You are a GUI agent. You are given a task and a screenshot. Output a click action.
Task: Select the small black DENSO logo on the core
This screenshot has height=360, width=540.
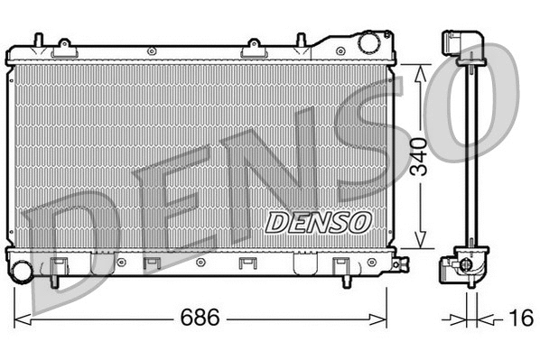(316, 221)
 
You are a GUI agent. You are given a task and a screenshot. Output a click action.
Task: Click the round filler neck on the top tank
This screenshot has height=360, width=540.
(368, 42)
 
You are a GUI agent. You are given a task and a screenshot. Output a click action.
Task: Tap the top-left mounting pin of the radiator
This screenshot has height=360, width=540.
(36, 41)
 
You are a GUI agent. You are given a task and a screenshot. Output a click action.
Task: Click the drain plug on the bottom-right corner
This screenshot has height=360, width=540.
(398, 264)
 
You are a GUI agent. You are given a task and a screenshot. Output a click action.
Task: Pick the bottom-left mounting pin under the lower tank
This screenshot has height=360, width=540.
(54, 280)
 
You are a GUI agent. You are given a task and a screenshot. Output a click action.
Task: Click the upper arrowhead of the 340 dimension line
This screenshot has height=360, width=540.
(418, 69)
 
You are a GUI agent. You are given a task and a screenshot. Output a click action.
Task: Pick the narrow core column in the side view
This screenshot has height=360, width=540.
(470, 153)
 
